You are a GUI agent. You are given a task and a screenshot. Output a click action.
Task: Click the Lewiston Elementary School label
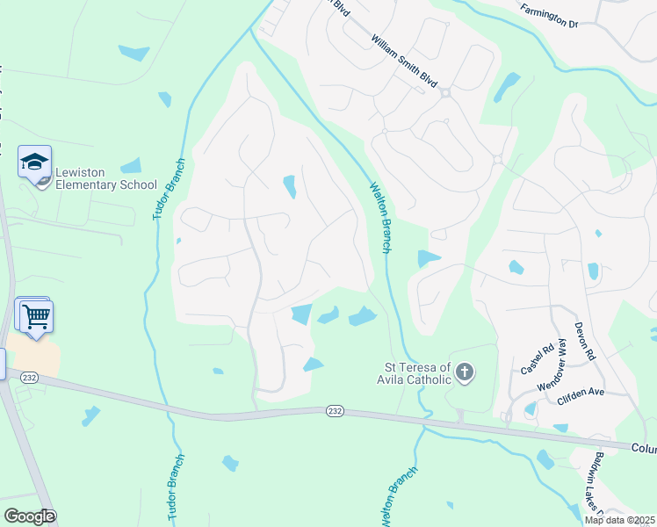coord(105,178)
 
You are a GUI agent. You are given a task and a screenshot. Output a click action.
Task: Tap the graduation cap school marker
coord(34,163)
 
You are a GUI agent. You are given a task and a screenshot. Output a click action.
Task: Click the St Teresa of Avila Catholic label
coord(418,373)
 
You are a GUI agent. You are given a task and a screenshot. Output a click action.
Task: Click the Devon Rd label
coord(585,342)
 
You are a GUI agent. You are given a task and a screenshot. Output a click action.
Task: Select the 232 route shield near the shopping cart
coord(30,377)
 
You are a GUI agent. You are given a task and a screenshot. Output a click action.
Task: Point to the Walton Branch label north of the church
coord(379,217)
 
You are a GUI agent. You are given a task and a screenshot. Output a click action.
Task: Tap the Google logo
coord(29,516)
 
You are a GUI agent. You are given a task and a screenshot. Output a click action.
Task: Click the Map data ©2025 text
coord(618,520)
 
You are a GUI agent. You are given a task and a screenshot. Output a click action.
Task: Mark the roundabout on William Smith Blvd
coord(445,92)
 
